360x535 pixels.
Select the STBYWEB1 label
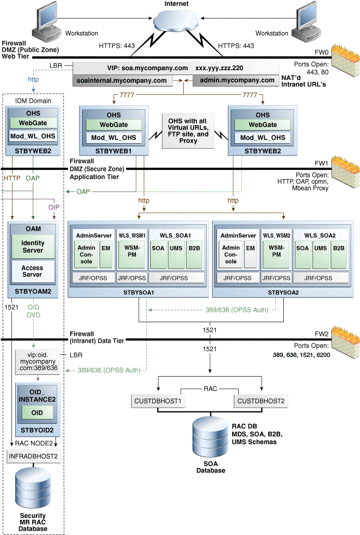(114, 151)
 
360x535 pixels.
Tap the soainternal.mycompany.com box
(122, 81)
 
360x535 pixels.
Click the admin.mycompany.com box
(237, 81)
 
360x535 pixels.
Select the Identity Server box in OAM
(33, 247)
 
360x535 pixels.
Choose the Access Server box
(33, 271)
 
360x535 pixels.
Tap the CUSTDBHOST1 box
(158, 401)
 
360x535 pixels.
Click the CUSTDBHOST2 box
(261, 401)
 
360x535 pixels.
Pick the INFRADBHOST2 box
(33, 456)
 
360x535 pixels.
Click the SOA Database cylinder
(210, 437)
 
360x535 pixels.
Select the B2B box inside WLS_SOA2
(339, 256)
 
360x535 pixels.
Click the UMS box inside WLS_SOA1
(176, 256)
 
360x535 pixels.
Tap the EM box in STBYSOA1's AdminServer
(105, 255)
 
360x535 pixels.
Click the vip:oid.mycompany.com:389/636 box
(38, 362)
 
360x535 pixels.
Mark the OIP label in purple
(54, 207)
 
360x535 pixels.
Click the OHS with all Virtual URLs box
(188, 131)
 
